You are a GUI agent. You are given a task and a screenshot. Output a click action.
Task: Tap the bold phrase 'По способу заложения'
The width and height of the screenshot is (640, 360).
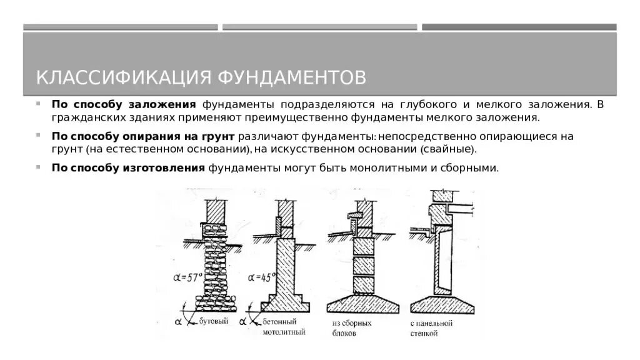coord(124,104)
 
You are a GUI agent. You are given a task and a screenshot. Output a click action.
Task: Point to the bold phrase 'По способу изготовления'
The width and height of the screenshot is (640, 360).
coord(129,167)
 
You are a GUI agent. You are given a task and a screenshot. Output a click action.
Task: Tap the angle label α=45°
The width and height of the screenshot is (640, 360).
coord(261,277)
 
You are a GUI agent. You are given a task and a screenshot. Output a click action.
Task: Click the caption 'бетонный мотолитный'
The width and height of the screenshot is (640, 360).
coord(284,327)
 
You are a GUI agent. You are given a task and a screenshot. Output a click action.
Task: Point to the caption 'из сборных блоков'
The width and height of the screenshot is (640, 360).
coord(352,328)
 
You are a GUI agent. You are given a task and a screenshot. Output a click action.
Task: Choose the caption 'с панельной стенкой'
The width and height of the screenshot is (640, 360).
coord(431,328)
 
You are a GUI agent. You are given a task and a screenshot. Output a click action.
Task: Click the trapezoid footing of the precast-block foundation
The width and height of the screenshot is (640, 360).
coord(363,305)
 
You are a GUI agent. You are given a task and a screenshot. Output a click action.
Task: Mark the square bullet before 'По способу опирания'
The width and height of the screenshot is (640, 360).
coord(39,135)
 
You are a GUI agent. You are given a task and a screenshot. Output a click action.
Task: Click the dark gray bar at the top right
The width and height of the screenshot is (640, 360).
coord(519,27)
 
